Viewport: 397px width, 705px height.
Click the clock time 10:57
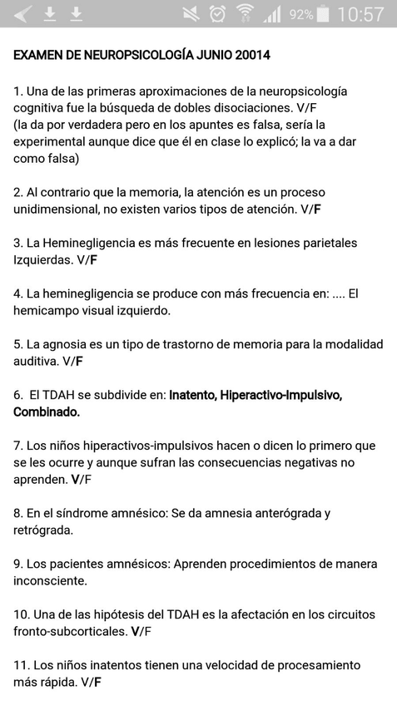(x=361, y=14)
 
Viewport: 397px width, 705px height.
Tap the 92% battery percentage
(x=300, y=15)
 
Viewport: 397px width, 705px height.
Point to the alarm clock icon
(x=217, y=14)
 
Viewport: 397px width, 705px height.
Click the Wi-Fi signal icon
(x=245, y=14)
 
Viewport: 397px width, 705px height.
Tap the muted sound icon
(x=191, y=14)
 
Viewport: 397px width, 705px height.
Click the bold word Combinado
(x=47, y=412)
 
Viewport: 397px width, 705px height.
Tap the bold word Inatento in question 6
(x=192, y=394)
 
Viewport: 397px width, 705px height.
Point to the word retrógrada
(x=42, y=530)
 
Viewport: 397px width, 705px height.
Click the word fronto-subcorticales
(x=71, y=631)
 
